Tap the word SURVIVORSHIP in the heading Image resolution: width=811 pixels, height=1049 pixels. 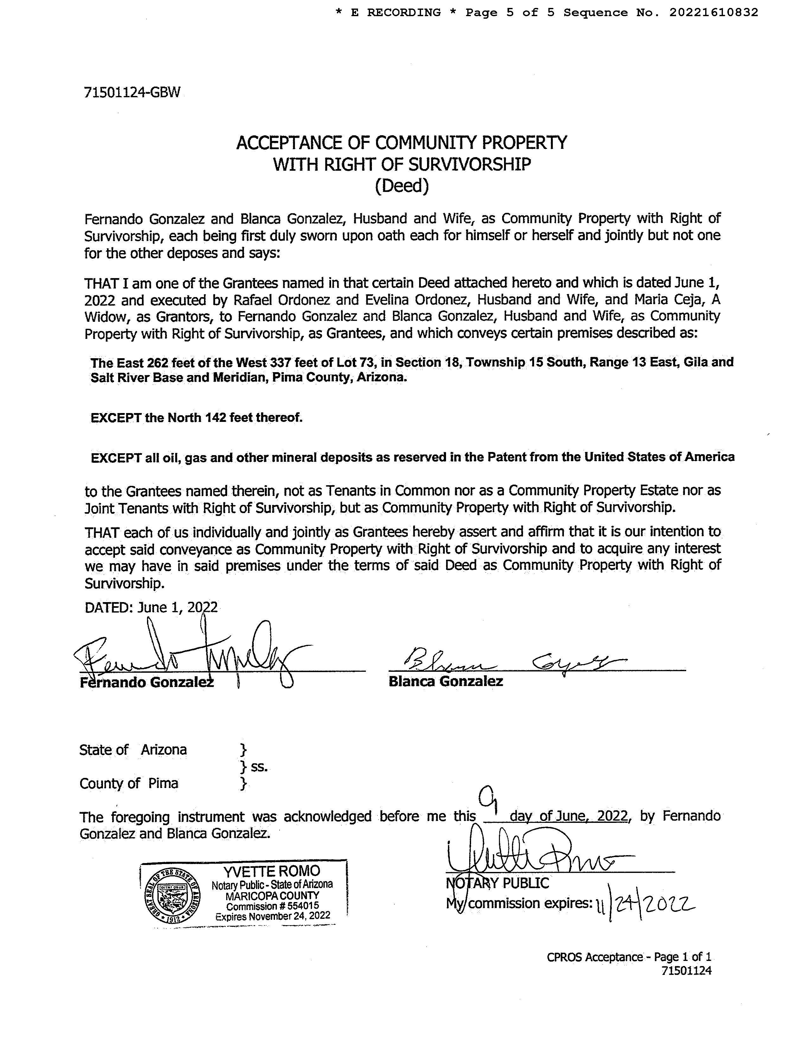pyautogui.click(x=469, y=164)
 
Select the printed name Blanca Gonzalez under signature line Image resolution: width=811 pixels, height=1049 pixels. pyautogui.click(x=445, y=681)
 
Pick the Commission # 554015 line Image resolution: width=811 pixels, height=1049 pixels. pyautogui.click(x=272, y=906)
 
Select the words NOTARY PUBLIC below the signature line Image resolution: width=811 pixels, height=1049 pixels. pyautogui.click(x=497, y=883)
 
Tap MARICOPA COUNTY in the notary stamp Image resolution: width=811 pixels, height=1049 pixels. pyautogui.click(x=272, y=895)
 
